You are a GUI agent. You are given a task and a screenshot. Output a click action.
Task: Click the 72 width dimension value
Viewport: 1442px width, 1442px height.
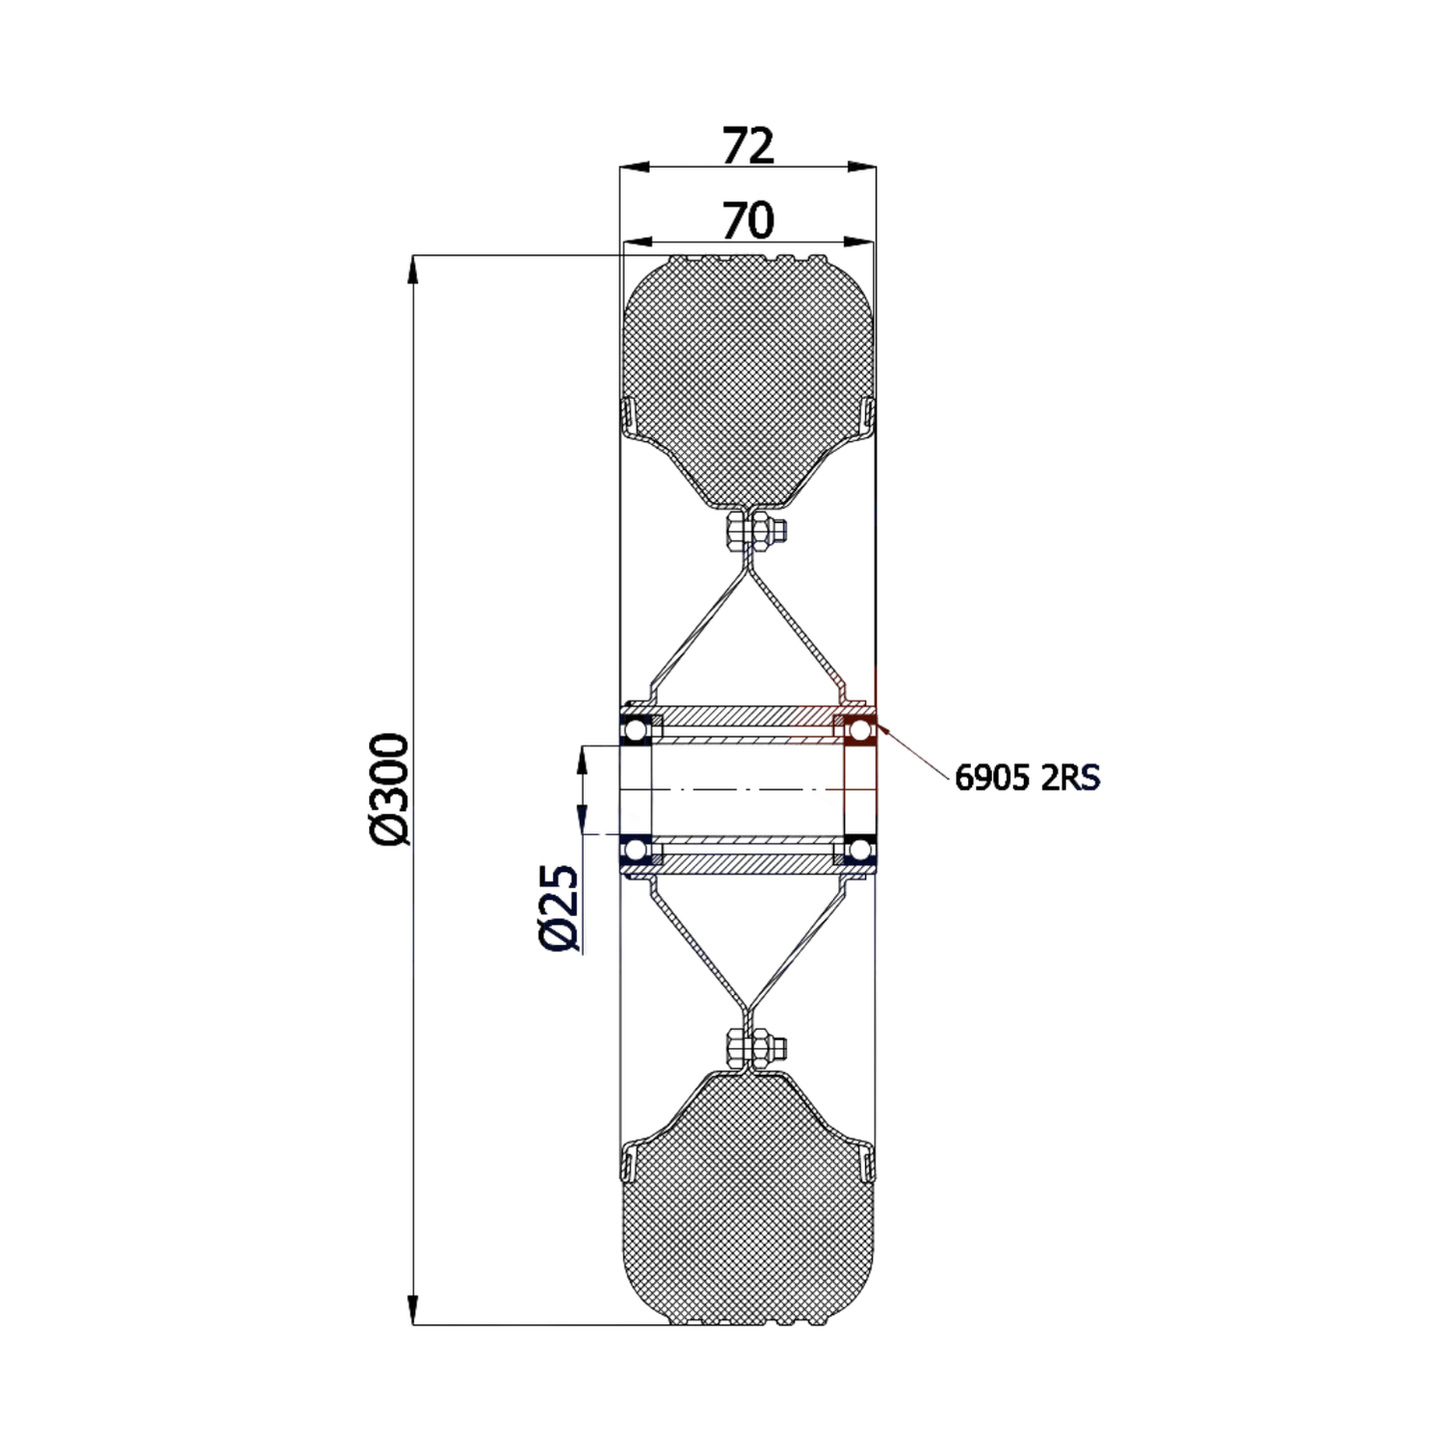747,147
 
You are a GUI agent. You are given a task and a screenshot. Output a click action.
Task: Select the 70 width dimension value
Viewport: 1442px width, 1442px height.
747,221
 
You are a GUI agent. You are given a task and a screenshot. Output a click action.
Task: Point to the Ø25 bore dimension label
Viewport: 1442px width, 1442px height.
558,907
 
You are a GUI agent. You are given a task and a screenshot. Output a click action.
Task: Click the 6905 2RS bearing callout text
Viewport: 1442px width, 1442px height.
1027,777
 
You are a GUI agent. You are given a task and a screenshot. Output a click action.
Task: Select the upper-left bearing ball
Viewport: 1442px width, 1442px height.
635,730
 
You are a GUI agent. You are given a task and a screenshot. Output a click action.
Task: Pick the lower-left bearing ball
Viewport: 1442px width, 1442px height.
635,851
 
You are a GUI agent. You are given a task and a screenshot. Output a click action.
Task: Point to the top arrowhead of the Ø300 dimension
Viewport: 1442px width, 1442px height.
413,269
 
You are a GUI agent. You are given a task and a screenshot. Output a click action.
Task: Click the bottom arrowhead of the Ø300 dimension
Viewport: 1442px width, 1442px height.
413,1313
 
